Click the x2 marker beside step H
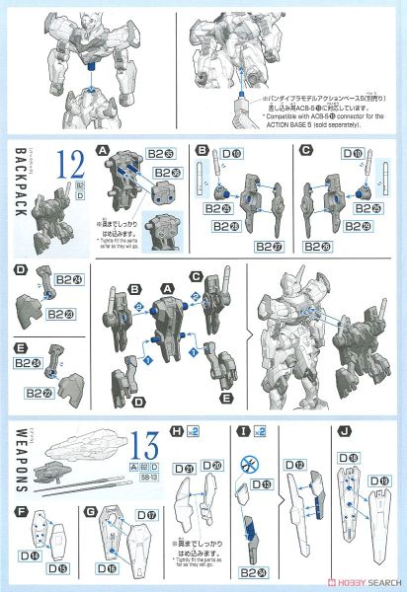click(x=197, y=430)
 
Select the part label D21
click(x=186, y=466)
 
